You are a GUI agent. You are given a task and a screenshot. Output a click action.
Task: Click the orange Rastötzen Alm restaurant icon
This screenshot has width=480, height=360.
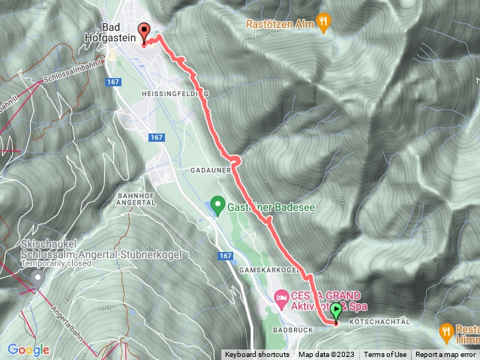pos(322,23)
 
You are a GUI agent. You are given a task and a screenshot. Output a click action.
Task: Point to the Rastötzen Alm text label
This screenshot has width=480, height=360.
pos(278,24)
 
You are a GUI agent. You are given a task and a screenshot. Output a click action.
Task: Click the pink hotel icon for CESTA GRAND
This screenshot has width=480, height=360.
pos(281,299)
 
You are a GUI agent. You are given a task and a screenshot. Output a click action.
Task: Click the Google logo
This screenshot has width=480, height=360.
pos(28,349)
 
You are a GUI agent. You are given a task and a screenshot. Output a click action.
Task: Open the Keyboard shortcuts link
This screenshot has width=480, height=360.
pos(256,355)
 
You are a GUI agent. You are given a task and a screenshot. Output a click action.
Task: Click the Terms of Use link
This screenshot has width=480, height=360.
pos(385,355)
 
